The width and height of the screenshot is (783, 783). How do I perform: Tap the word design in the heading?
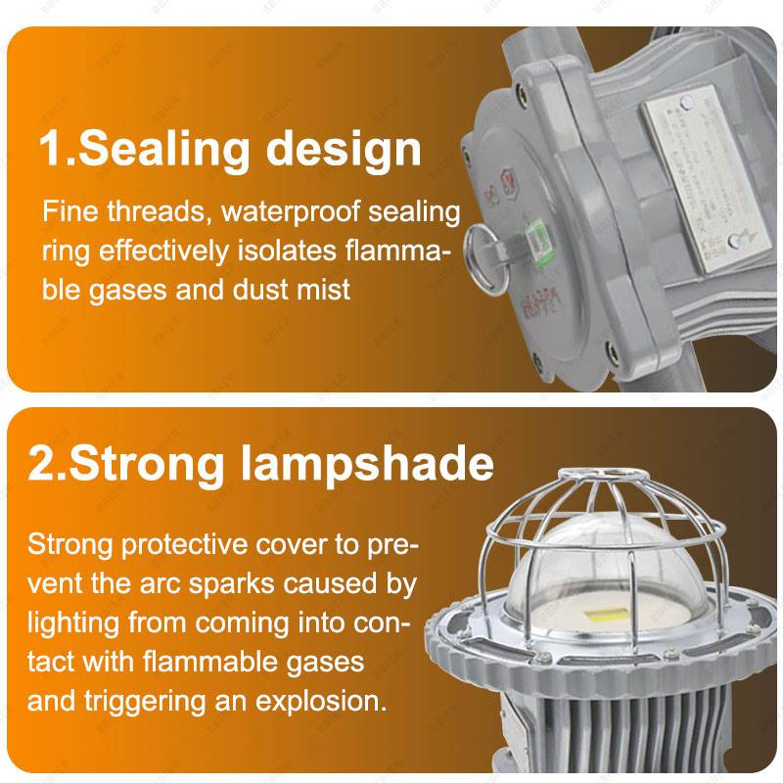coord(344,149)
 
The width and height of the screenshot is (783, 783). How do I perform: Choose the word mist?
coord(324,290)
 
